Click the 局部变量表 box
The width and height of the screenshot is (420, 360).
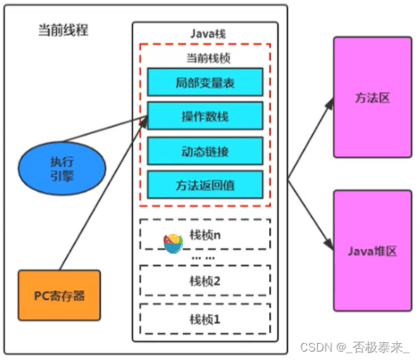point(205,82)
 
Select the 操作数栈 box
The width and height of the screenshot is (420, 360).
point(205,116)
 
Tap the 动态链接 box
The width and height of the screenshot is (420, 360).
point(205,150)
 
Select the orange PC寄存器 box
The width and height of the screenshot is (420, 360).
point(59,295)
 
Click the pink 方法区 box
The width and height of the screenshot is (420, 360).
point(372,97)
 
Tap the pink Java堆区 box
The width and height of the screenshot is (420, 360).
point(372,250)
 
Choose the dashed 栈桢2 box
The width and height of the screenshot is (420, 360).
point(205,280)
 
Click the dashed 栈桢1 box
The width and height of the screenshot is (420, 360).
point(205,318)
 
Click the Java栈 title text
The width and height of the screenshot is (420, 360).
point(205,33)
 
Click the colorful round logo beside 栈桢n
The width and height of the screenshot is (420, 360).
point(173,242)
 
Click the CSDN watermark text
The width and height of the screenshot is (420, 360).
point(355,347)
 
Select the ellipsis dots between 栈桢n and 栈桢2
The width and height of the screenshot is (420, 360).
point(204,259)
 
